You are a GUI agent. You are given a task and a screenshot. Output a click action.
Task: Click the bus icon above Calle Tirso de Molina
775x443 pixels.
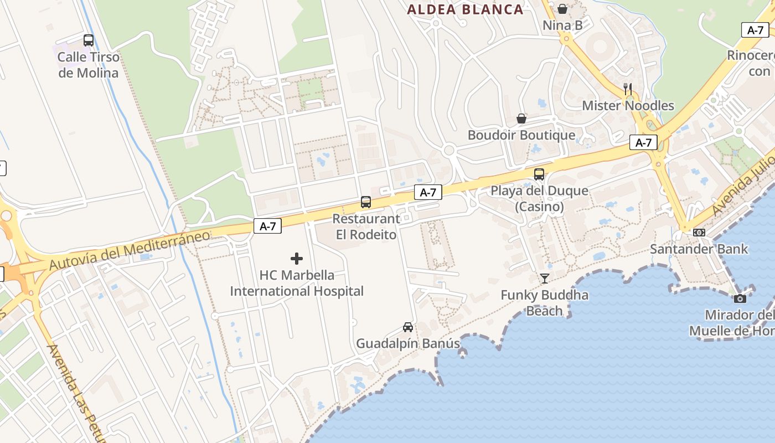click(89, 40)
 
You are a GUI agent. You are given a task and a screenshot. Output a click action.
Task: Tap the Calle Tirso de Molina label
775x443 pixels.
click(89, 65)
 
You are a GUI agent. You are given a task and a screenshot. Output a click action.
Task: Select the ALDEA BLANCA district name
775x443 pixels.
click(465, 9)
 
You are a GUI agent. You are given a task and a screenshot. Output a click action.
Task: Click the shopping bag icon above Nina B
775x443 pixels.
click(562, 9)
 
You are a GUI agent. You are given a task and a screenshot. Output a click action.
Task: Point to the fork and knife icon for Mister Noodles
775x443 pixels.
click(628, 89)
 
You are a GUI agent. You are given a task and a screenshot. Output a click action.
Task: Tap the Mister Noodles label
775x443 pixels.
click(628, 106)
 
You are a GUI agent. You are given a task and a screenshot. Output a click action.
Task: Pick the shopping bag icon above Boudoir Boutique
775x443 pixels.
click(521, 119)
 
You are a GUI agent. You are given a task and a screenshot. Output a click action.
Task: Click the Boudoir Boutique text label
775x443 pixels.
click(521, 135)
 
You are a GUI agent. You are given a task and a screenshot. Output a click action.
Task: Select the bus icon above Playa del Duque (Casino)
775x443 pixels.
click(539, 174)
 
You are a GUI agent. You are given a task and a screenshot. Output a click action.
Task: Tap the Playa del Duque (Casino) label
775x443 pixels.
click(539, 199)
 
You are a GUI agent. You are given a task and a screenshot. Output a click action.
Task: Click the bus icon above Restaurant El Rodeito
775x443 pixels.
click(366, 202)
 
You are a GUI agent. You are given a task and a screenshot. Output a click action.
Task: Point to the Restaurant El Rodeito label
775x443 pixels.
click(366, 226)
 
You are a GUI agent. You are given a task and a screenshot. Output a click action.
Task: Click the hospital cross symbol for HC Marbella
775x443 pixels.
click(297, 259)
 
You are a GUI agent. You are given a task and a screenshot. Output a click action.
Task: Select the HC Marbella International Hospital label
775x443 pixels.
click(297, 283)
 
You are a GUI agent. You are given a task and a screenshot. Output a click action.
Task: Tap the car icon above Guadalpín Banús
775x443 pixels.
click(408, 327)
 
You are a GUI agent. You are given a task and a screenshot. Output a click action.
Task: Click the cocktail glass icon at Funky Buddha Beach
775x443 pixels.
click(545, 279)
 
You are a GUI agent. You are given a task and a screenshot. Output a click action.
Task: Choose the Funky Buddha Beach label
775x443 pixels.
click(545, 303)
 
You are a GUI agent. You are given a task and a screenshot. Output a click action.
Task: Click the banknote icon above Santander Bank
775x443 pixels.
click(699, 233)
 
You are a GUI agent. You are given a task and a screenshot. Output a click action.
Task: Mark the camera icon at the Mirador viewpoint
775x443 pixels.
click(740, 299)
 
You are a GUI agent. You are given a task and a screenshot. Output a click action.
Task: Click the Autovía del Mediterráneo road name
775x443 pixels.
click(130, 251)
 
